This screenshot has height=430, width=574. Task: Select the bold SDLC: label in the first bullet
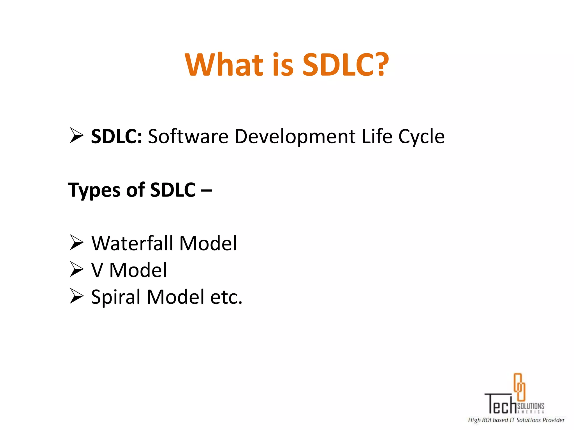tap(117, 136)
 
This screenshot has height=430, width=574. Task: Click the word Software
tap(188, 136)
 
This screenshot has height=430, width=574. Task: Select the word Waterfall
tap(132, 243)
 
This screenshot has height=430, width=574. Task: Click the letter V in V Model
tap(97, 270)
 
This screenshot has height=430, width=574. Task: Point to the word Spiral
tap(115, 297)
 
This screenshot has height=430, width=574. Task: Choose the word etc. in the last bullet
tap(226, 297)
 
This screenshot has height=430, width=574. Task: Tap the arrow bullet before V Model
tap(77, 269)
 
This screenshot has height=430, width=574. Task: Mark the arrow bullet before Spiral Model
tap(77, 296)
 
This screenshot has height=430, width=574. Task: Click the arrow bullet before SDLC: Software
tap(77, 135)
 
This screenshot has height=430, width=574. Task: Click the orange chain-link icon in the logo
tap(519, 387)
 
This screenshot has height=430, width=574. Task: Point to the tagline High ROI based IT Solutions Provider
tap(516, 420)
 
